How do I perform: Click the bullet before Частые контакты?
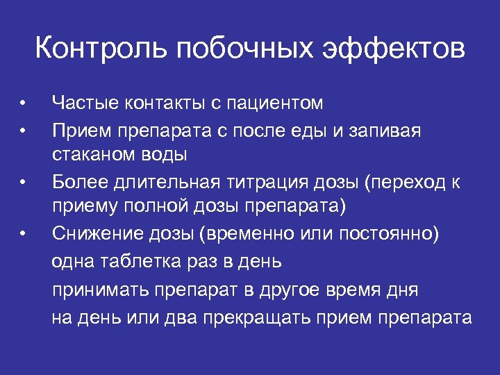coord(23,104)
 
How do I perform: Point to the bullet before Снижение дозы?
coord(23,233)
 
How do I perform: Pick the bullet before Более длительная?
coord(23,183)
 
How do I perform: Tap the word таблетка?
coord(138,261)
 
